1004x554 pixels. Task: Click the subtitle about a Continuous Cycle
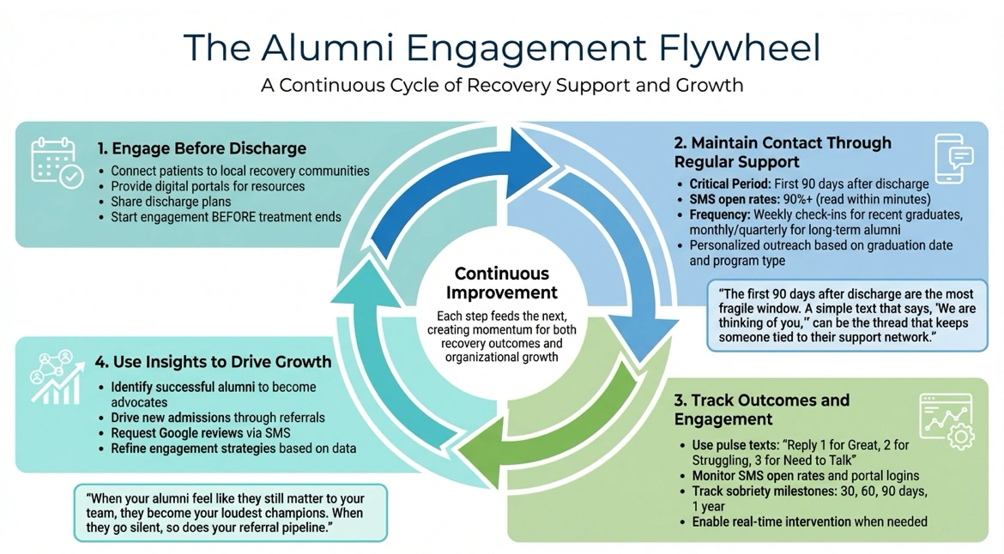tap(502, 85)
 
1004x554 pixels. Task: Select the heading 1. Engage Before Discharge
tap(202, 148)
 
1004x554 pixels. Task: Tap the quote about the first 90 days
tap(846, 315)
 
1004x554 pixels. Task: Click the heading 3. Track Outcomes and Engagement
tap(761, 409)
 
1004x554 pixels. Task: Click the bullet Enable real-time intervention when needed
tap(809, 521)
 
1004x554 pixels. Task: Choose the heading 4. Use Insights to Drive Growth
tap(214, 362)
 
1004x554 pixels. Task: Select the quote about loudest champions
tap(231, 513)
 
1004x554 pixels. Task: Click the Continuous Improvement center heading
tap(502, 283)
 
